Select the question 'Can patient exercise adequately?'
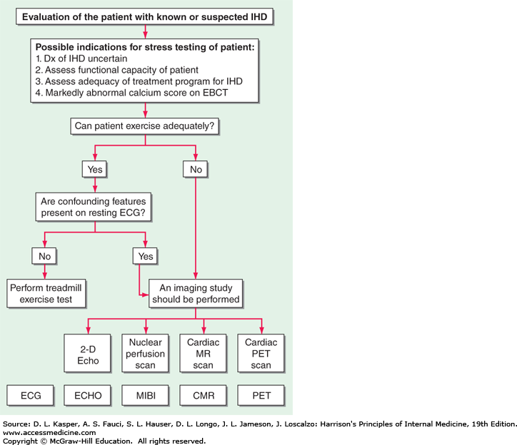click(145, 126)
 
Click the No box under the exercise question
click(195, 169)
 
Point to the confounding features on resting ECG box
click(95, 207)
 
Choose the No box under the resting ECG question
click(44, 255)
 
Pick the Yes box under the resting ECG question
click(145, 255)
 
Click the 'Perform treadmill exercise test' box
click(44, 293)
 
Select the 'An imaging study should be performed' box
click(195, 293)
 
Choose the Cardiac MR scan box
click(203, 354)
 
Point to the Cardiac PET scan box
click(261, 354)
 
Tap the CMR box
click(203, 394)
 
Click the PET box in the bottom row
click(261, 394)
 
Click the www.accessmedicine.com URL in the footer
click(50, 432)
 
